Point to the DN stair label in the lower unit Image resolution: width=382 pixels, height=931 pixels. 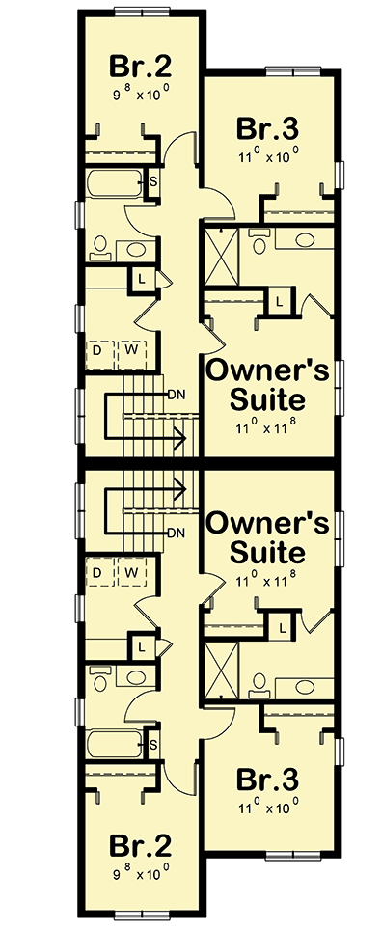(176, 532)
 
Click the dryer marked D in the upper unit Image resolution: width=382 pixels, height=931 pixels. (98, 351)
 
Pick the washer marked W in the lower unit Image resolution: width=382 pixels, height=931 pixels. (128, 574)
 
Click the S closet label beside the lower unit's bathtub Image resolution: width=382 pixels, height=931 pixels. (153, 744)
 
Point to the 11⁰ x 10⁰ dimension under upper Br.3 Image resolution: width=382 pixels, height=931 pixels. (268, 153)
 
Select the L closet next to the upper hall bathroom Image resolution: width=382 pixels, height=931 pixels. (143, 279)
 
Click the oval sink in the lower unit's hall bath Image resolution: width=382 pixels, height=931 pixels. (137, 680)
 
